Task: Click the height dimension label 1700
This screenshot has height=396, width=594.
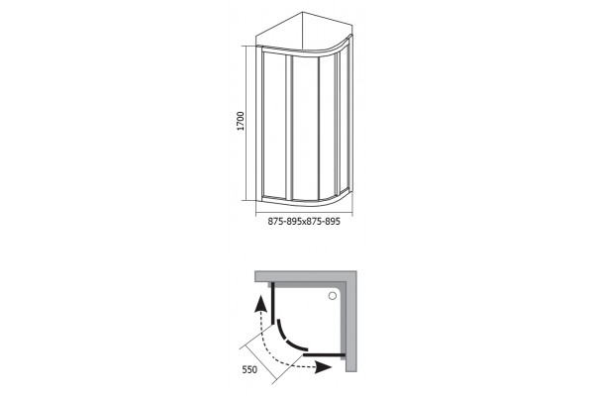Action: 241,121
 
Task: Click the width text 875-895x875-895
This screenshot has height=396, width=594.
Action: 304,222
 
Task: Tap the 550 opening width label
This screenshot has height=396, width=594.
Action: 249,369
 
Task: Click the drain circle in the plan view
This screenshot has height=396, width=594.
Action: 333,296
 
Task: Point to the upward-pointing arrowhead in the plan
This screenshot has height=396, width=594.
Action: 259,304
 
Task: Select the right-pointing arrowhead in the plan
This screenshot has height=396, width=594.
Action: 324,367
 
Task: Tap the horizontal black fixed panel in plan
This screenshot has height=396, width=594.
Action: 324,355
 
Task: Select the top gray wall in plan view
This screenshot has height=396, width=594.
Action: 305,276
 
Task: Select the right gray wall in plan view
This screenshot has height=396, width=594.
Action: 351,321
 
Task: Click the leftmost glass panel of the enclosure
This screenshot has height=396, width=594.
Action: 273,125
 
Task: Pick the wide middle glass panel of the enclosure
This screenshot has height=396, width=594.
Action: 305,128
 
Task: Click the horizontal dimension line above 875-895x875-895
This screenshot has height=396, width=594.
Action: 304,213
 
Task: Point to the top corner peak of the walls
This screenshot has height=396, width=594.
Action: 303,13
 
